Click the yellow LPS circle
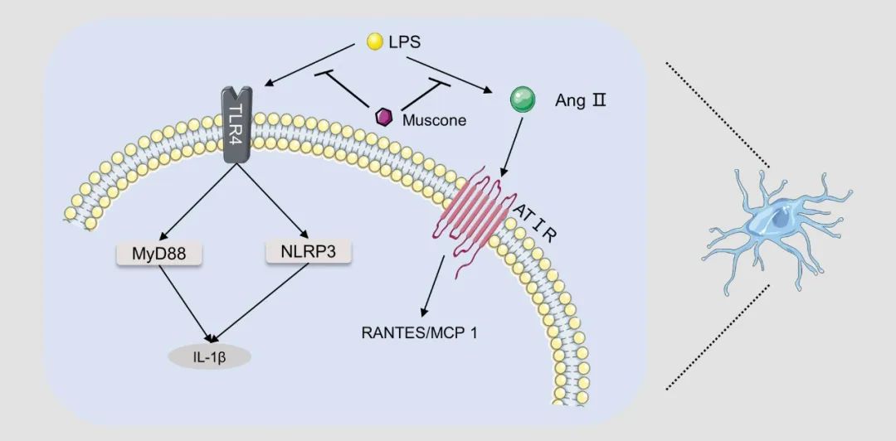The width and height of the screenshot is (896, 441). pos(374,41)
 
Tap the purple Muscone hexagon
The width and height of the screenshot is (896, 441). pos(384,118)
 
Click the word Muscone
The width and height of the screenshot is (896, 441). pos(434,120)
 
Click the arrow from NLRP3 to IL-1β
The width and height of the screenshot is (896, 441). pos(256,303)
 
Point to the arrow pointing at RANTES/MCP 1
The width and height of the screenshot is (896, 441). pos(435,286)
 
